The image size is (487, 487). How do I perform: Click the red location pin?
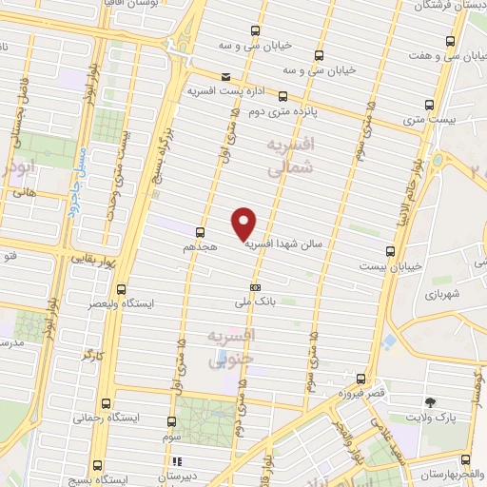tap(245, 222)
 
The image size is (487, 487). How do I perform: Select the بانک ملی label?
tap(255, 302)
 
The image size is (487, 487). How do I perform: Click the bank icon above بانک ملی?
tap(255, 286)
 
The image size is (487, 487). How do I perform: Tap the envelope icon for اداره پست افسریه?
tap(225, 76)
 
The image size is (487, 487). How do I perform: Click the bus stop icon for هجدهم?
tap(200, 230)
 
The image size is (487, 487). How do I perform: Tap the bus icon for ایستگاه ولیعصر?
tap(120, 289)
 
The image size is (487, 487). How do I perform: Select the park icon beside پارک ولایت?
tap(429, 403)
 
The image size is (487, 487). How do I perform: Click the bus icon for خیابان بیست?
tap(391, 251)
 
